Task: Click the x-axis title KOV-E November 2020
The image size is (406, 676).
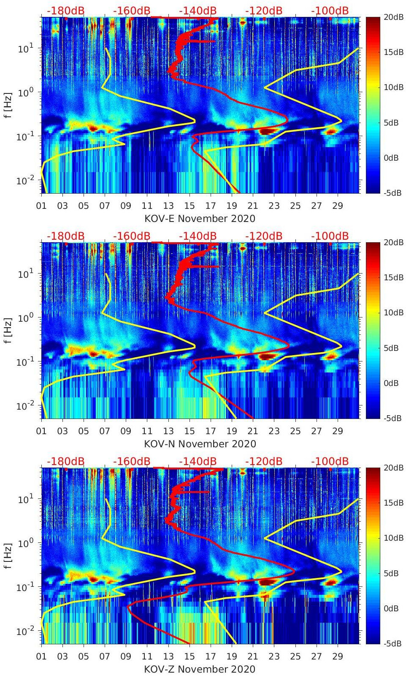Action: coord(200,219)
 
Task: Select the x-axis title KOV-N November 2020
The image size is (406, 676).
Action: coord(200,444)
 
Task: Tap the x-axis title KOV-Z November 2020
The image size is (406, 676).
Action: coord(200,669)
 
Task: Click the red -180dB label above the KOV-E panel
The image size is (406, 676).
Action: coord(65,11)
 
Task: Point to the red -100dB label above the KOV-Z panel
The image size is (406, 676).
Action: coord(330,461)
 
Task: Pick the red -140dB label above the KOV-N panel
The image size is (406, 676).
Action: coord(198,236)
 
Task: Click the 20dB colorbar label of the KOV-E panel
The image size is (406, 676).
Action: coord(393,17)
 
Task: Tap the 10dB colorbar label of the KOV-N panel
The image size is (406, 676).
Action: coord(393,313)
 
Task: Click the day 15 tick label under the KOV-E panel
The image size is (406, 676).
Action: coord(189,206)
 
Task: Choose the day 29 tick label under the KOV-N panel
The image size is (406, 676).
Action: coord(338,431)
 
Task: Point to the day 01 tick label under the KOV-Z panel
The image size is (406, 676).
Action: coord(41,657)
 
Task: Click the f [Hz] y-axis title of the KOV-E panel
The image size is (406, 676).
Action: coord(8,105)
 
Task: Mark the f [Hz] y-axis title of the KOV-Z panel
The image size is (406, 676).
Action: coord(8,556)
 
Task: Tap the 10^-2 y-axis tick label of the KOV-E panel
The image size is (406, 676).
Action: coord(25,181)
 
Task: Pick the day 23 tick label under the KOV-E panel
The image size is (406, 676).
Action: coord(274,206)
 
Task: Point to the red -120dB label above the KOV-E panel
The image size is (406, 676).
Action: coord(264,11)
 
